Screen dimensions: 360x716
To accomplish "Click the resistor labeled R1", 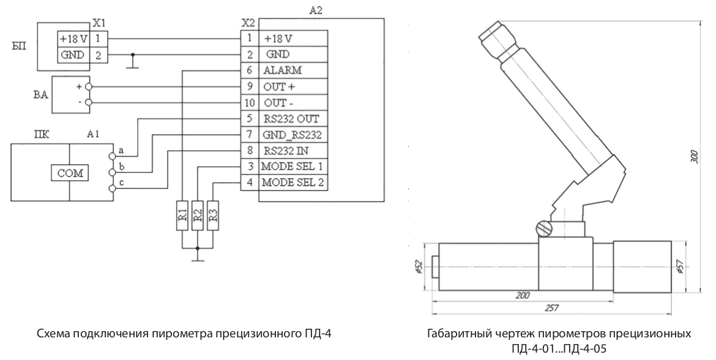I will (x=182, y=215).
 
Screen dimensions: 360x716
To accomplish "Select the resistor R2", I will (x=197, y=215).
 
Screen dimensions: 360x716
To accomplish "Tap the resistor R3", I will (x=212, y=215).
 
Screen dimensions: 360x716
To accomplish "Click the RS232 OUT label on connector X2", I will (x=291, y=118).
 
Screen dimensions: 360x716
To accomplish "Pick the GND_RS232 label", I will (x=292, y=134).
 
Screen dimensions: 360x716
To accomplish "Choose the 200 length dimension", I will (x=522, y=294).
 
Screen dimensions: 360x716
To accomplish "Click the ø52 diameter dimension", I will (x=419, y=267).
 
